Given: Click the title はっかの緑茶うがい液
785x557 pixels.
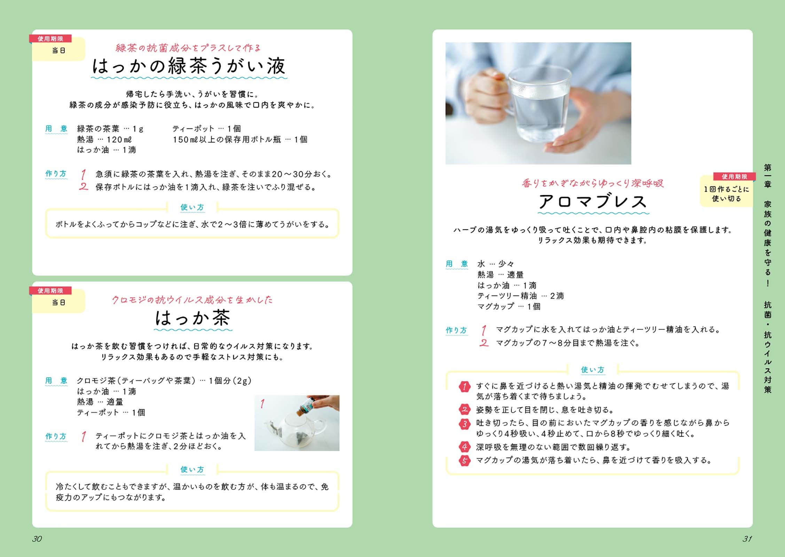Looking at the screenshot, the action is click(x=189, y=66).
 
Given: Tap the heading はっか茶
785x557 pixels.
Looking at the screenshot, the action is click(x=193, y=317).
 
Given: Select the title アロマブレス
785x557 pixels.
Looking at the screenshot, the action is click(x=593, y=201).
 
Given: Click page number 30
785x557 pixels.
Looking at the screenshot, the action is click(x=37, y=539).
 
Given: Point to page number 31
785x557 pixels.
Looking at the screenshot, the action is click(x=747, y=539).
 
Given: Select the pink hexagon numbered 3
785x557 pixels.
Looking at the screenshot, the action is click(x=464, y=424).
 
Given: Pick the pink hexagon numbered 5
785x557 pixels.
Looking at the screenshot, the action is click(x=464, y=461).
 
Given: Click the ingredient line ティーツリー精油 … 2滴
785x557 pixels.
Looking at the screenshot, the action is click(x=520, y=296).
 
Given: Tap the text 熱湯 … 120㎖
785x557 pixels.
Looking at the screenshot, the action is click(x=104, y=140).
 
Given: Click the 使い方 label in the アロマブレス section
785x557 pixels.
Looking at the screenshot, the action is click(x=592, y=370).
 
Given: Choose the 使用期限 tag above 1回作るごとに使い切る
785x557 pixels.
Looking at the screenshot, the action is click(x=734, y=176).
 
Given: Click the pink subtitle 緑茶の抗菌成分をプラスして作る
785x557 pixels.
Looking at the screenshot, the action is click(x=188, y=48).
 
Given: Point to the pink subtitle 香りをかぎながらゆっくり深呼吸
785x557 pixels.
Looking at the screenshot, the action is click(x=592, y=183).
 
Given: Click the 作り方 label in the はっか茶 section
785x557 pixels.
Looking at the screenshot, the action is click(x=56, y=436).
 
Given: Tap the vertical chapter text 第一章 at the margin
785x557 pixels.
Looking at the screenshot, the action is click(x=768, y=176).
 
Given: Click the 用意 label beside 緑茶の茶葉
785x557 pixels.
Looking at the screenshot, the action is click(x=56, y=128).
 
